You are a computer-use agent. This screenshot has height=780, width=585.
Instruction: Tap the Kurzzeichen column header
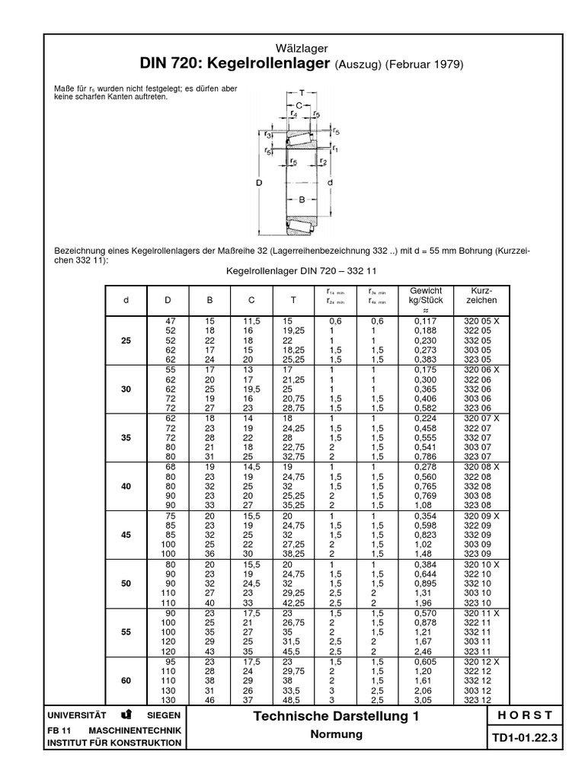pyautogui.click(x=477, y=296)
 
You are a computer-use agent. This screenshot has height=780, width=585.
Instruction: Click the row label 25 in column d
pyautogui.click(x=126, y=340)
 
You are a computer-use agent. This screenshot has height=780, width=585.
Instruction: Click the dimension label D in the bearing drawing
pyautogui.click(x=258, y=183)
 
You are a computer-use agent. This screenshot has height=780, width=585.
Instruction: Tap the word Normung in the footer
pyautogui.click(x=335, y=734)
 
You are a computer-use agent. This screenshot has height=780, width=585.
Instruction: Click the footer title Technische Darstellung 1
pyautogui.click(x=335, y=716)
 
